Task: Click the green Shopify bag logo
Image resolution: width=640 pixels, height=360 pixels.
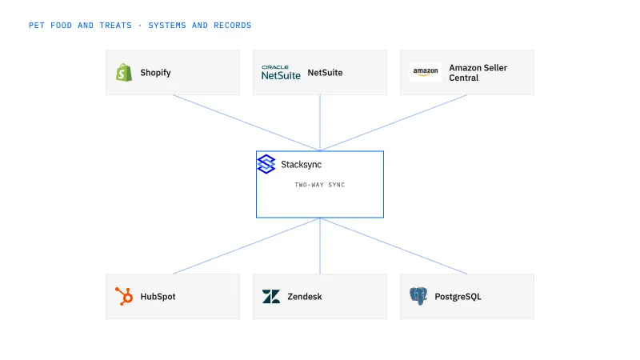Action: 124,73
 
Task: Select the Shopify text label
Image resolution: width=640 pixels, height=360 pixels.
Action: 155,73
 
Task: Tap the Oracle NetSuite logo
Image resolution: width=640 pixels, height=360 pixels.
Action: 281,73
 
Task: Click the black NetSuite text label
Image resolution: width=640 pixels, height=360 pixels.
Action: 325,73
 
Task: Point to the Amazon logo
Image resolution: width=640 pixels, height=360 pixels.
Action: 426,72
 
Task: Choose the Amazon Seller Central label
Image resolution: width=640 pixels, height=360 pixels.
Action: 478,73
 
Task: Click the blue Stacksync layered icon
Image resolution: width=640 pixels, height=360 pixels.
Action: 266,164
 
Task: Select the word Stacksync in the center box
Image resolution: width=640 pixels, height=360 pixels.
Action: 302,165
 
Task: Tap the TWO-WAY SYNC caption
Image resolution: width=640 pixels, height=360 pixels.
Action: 319,185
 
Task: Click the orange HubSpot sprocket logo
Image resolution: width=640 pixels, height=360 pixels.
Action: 124,296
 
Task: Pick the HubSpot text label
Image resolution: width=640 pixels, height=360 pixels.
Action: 158,297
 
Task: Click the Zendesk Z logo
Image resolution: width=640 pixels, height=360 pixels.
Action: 271,297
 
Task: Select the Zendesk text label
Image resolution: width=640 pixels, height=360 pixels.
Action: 305,297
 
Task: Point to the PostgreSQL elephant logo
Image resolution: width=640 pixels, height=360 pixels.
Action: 418,296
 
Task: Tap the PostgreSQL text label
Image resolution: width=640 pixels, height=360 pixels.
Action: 458,297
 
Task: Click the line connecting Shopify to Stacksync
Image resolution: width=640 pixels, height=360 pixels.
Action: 246,123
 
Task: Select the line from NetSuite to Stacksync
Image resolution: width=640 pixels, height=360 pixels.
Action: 320,123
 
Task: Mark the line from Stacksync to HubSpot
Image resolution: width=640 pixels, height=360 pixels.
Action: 246,246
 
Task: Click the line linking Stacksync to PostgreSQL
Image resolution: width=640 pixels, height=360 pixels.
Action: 394,246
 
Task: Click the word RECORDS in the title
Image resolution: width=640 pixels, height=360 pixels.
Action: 233,26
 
